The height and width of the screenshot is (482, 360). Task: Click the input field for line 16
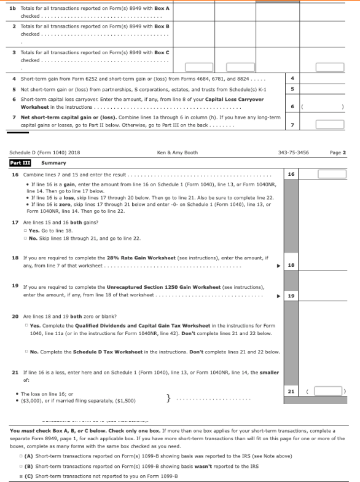[x=332, y=174]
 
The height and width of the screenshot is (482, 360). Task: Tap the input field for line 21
[x=328, y=390]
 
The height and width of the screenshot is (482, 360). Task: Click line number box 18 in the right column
[x=292, y=265]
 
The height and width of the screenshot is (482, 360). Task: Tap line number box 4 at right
[x=293, y=79]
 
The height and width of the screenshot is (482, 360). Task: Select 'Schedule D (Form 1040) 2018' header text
[x=38, y=152]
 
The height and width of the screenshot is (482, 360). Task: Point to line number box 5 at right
[x=293, y=89]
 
